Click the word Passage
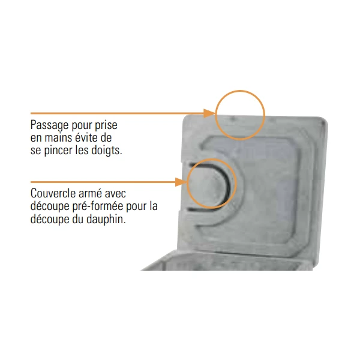click(x=49, y=126)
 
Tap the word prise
click(x=106, y=125)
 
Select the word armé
click(x=92, y=193)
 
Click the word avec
click(x=115, y=194)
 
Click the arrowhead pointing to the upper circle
click(x=209, y=113)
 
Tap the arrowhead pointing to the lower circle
click(x=181, y=182)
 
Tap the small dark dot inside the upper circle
click(x=232, y=119)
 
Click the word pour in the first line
click(x=81, y=126)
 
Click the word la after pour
click(x=153, y=206)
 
